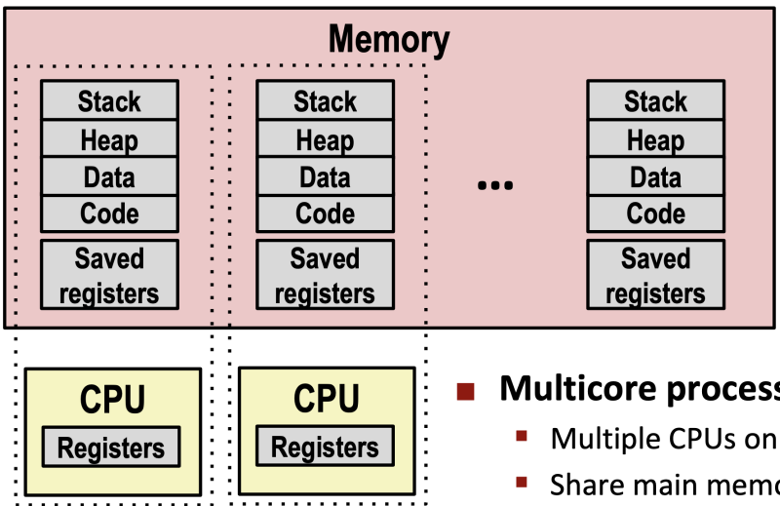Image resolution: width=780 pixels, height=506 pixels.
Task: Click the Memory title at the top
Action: click(389, 40)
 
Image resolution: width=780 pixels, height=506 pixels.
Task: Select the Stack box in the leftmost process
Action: click(109, 101)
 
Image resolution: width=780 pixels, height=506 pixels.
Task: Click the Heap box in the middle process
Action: click(325, 140)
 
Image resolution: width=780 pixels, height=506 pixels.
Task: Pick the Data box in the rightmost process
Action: click(655, 177)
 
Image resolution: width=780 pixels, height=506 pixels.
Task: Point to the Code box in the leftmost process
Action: click(109, 214)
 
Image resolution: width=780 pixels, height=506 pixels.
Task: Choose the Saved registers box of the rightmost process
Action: click(655, 275)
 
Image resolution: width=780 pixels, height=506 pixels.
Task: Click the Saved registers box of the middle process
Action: click(325, 275)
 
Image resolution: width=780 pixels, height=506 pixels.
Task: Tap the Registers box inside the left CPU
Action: click(110, 448)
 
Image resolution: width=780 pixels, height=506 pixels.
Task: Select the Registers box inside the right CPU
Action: click(325, 448)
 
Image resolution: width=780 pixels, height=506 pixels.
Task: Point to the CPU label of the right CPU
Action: click(326, 400)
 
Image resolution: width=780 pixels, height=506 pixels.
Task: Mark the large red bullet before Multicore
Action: click(466, 391)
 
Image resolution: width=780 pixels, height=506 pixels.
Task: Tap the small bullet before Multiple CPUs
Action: click(522, 436)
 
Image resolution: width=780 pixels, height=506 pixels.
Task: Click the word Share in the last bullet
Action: click(583, 484)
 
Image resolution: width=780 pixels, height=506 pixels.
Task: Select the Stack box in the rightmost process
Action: click(655, 101)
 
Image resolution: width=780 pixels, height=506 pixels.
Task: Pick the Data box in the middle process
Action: click(325, 177)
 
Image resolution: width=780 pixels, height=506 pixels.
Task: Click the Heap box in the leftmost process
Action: click(109, 140)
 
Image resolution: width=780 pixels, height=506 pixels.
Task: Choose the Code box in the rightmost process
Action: click(655, 214)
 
